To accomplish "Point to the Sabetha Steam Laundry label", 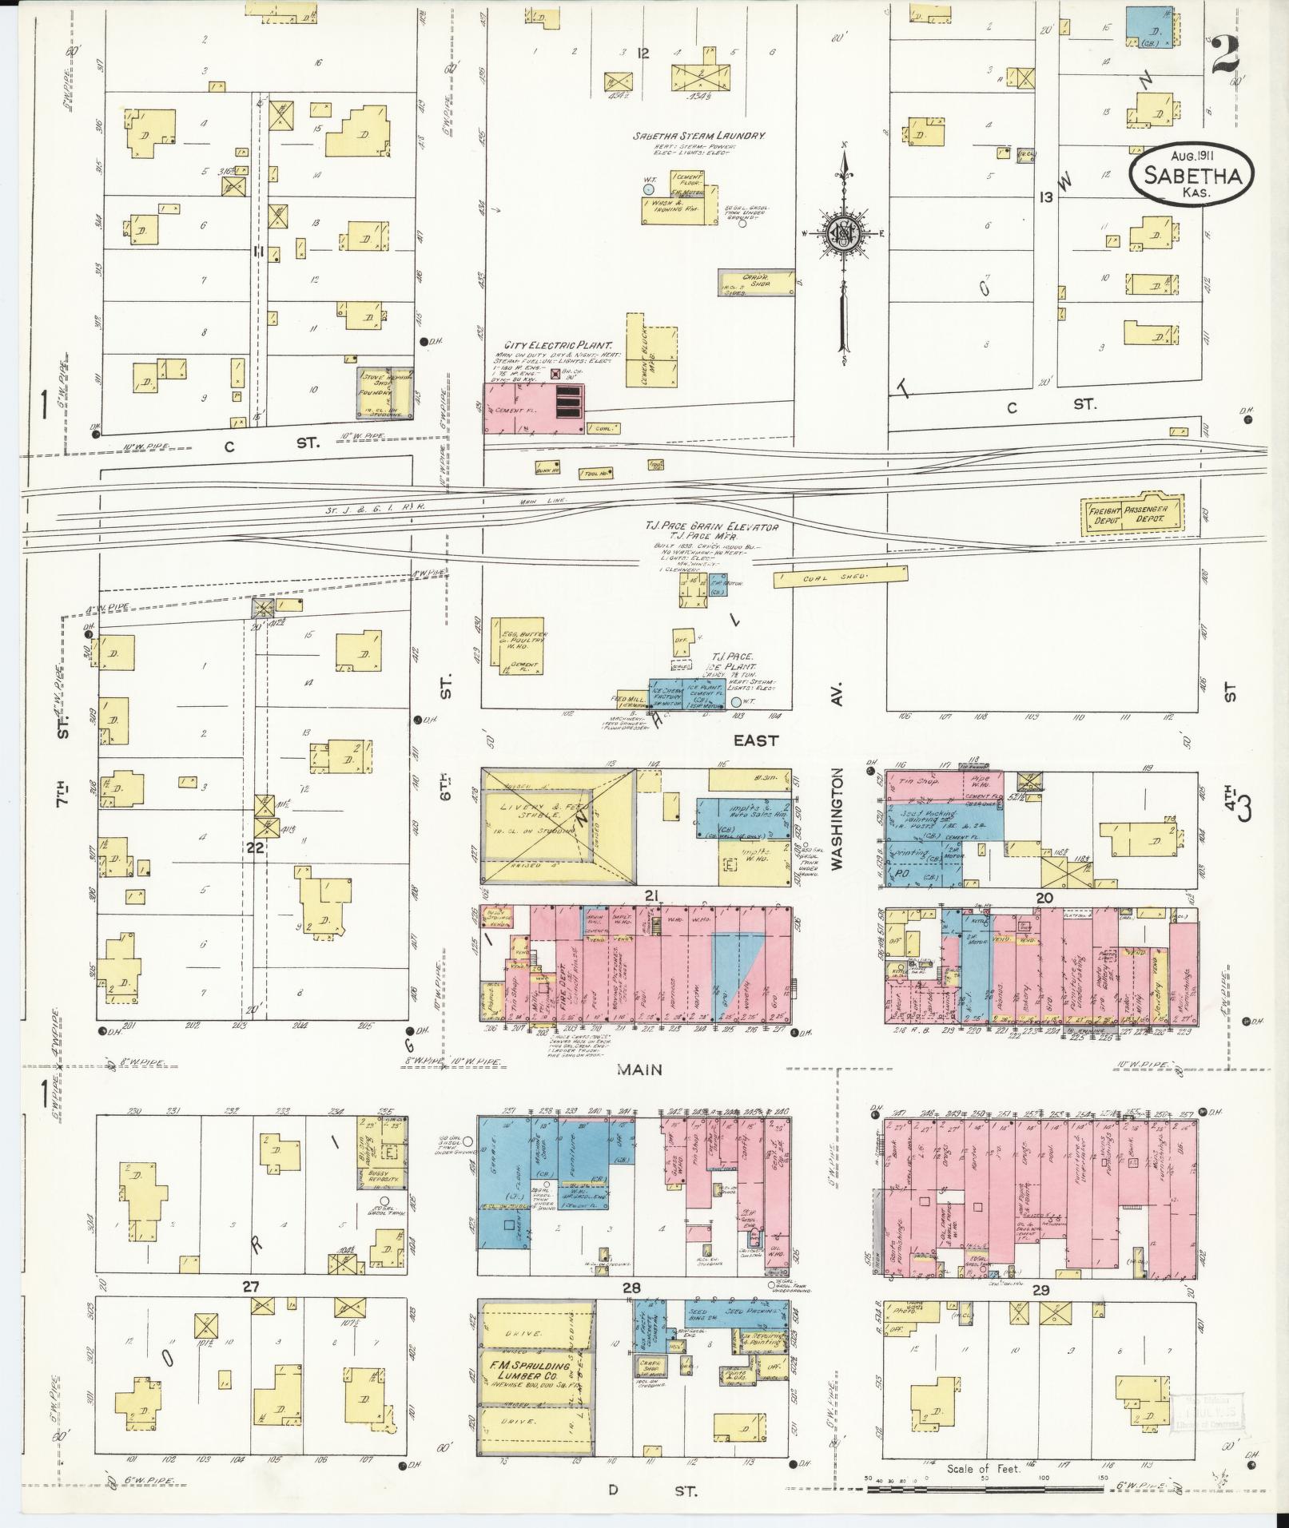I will (x=699, y=137).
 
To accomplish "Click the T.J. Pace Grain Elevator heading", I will (x=711, y=527).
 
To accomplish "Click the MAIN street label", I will (x=639, y=1070).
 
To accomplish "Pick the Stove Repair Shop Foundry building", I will (x=384, y=393).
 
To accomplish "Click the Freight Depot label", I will (x=1102, y=514).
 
